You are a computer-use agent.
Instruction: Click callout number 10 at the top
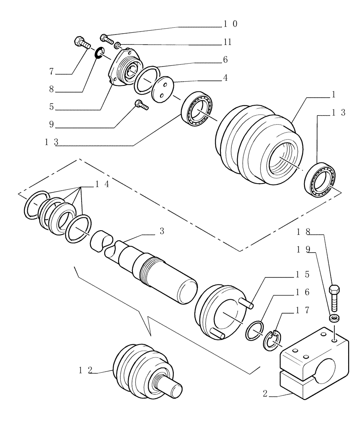pos(230,24)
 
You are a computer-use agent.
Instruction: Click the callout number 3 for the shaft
pos(162,232)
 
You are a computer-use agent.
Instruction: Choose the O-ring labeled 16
pos(254,330)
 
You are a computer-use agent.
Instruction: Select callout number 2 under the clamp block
pos(265,395)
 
